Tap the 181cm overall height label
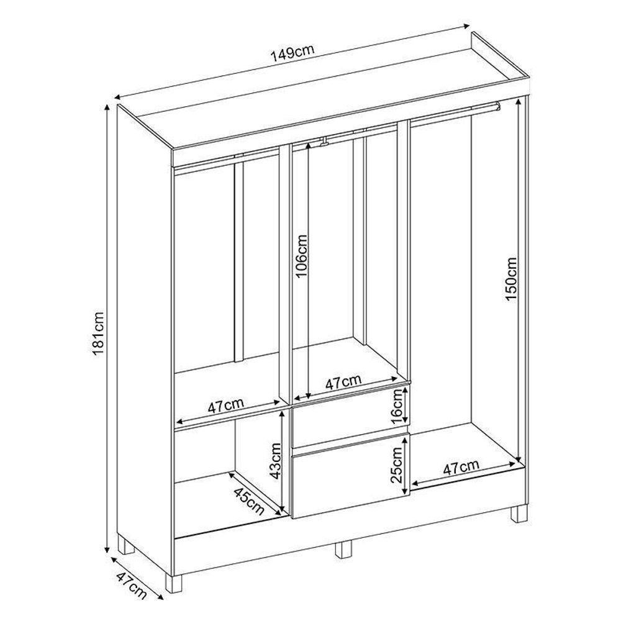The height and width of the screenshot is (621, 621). pyautogui.click(x=99, y=335)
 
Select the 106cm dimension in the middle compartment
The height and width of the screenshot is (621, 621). pyautogui.click(x=302, y=256)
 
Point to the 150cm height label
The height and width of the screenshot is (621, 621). pyautogui.click(x=510, y=279)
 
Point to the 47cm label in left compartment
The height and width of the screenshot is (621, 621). pyautogui.click(x=225, y=407)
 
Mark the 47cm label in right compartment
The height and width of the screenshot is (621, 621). pyautogui.click(x=461, y=468)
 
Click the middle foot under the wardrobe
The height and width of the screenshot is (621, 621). pyautogui.click(x=343, y=549)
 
